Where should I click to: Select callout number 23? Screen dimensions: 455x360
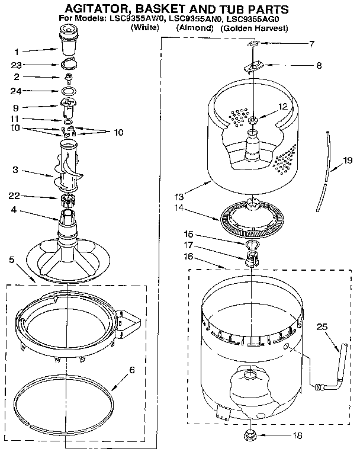pyautogui.click(x=19, y=65)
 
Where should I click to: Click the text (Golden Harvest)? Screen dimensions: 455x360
pyautogui.click(x=253, y=28)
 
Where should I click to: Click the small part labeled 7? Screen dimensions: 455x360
pyautogui.click(x=253, y=44)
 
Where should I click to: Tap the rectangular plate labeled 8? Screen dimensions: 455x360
pyautogui.click(x=253, y=66)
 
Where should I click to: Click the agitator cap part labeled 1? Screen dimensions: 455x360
pyautogui.click(x=69, y=46)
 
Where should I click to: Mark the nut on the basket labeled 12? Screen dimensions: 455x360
pyautogui.click(x=253, y=121)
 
